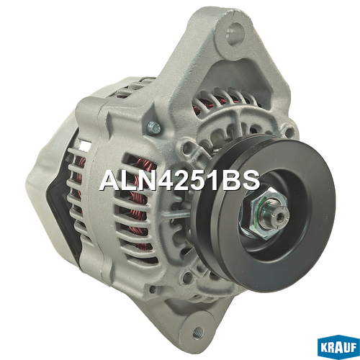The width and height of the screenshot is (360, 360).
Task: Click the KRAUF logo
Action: pos(338,348)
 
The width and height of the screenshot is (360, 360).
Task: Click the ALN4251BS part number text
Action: pos(180,181)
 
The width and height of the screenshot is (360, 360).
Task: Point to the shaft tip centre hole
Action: pos(280,217)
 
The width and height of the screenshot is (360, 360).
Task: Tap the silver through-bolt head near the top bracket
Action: pos(154,127)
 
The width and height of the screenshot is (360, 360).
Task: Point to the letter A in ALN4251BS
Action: pos(109,181)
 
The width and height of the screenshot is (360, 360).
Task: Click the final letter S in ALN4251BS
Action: pos(251,181)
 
